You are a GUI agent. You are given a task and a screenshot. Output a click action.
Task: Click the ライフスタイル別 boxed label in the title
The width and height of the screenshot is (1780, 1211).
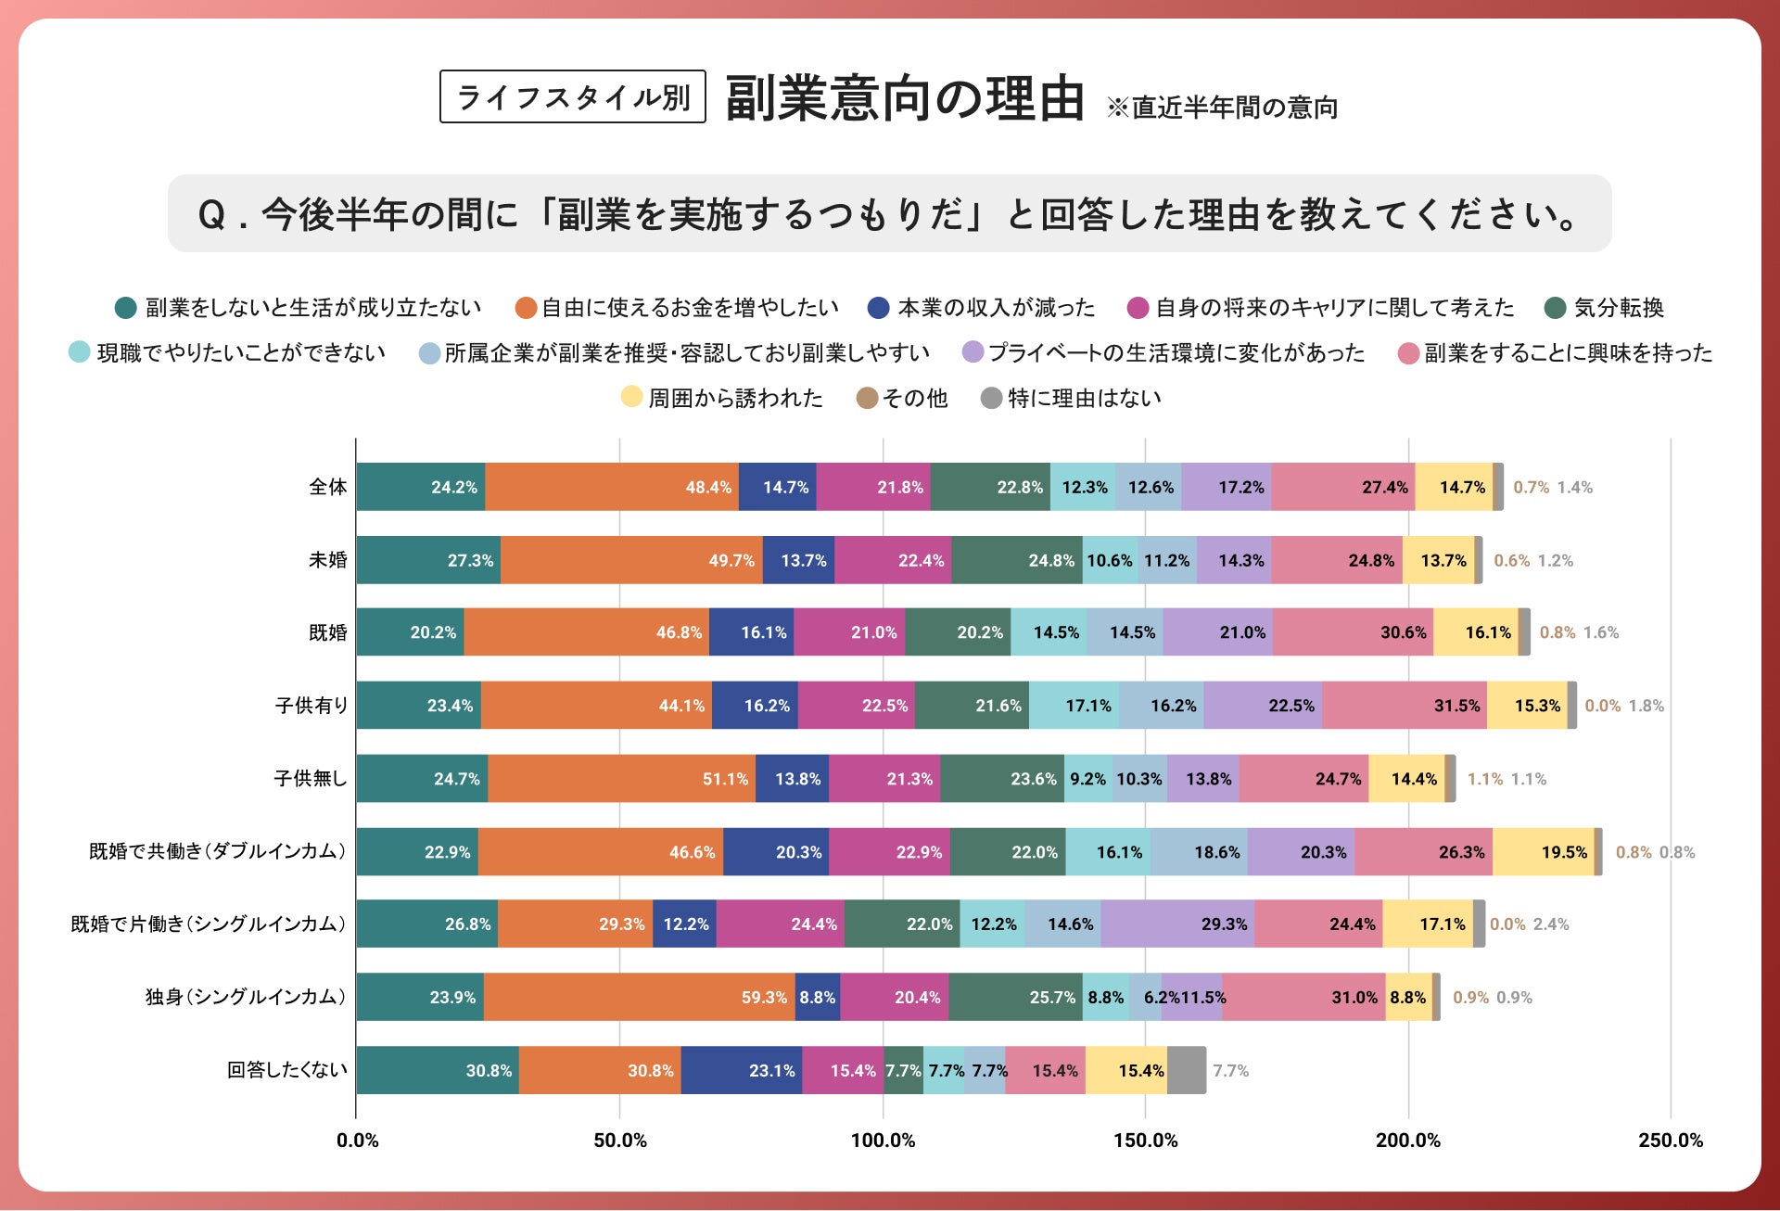(x=572, y=96)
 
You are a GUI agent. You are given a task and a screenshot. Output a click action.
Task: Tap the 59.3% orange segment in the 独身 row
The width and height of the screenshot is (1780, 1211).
(x=639, y=997)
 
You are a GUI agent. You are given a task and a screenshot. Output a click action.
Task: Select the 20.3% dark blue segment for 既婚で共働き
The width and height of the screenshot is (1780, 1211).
(x=776, y=851)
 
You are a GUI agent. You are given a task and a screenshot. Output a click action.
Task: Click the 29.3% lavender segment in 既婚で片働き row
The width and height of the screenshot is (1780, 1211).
(x=1177, y=924)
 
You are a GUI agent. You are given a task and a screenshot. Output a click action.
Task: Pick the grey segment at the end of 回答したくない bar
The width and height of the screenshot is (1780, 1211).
(x=1187, y=1070)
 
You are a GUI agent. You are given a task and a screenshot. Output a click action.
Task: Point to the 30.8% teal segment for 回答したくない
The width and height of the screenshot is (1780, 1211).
(x=437, y=1070)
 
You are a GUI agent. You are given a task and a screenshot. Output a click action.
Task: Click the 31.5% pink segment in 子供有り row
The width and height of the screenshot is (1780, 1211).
(x=1405, y=706)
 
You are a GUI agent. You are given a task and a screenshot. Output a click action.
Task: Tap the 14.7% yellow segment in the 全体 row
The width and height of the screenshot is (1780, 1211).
(x=1454, y=487)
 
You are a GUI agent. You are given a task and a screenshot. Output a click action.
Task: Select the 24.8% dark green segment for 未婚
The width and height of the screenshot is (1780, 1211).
(x=1016, y=560)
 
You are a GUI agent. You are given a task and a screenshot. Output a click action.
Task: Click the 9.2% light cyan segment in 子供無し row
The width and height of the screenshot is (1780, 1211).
(x=1087, y=779)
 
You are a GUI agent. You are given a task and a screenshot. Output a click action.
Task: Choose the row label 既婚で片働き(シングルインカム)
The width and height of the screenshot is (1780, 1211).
(x=209, y=924)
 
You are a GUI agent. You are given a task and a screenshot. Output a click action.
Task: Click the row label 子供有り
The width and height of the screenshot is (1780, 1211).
(x=311, y=706)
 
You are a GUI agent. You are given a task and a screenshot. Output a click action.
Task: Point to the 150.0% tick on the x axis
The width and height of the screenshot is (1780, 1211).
(x=1146, y=1141)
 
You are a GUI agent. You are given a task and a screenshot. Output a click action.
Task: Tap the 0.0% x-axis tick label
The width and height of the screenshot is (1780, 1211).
(x=357, y=1141)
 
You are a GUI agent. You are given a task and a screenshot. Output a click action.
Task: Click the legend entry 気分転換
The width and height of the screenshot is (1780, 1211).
(x=1618, y=308)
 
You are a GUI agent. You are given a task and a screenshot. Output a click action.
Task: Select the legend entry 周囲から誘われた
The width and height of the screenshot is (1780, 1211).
(x=734, y=399)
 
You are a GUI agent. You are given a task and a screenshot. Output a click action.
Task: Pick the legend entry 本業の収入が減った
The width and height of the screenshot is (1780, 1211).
(x=996, y=308)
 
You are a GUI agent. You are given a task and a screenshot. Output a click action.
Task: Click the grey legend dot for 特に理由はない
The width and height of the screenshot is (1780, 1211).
(x=991, y=399)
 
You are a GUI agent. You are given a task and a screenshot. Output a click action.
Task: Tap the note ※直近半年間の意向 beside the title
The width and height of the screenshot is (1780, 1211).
(x=1222, y=108)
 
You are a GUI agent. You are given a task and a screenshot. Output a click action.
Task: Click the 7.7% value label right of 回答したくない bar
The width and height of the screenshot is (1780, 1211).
(x=1230, y=1071)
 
